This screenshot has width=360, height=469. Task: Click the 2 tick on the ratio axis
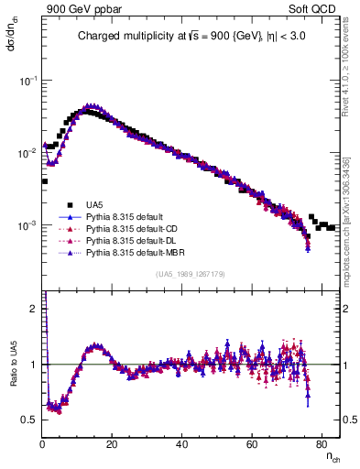click(x=33, y=309)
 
